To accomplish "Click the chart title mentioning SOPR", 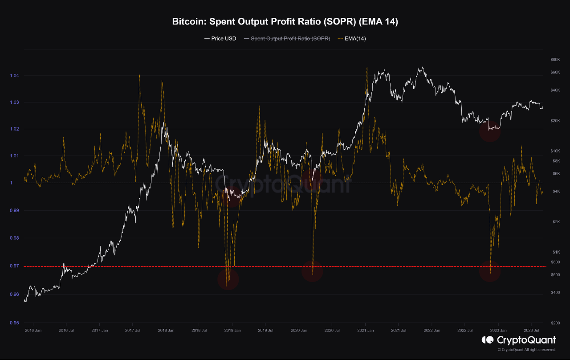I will coord(285,22).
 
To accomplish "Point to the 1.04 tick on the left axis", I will coord(14,76).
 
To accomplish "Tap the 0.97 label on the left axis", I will coord(14,266).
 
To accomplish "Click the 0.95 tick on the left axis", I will coord(14,323).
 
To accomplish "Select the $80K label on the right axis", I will coord(555,60).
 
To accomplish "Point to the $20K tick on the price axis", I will coord(555,121).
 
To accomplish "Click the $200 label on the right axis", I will coord(554,323).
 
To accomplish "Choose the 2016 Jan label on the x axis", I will coord(33,331).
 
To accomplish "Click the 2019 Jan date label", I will coord(232,331).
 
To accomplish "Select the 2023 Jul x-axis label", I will coord(531,331).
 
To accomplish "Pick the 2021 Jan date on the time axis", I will coord(365,331).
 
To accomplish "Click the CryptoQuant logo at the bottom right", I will coord(519,340).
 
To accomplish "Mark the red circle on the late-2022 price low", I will coord(490,131).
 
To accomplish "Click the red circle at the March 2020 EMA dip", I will coord(312,271).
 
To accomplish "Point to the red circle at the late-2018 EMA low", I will coord(228,279).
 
